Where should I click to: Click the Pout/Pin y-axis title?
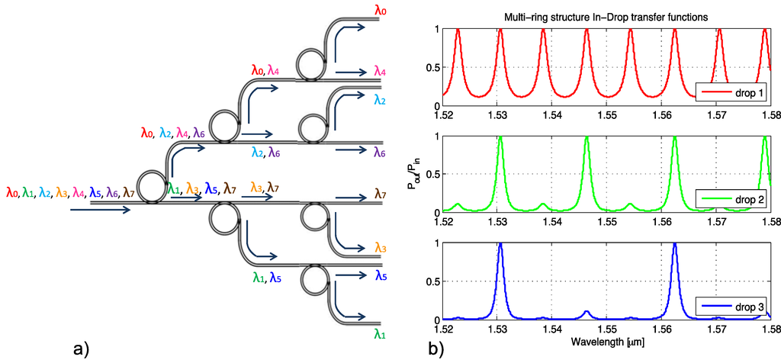pyautogui.click(x=416, y=175)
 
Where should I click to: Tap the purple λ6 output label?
pyautogui.click(x=380, y=152)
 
